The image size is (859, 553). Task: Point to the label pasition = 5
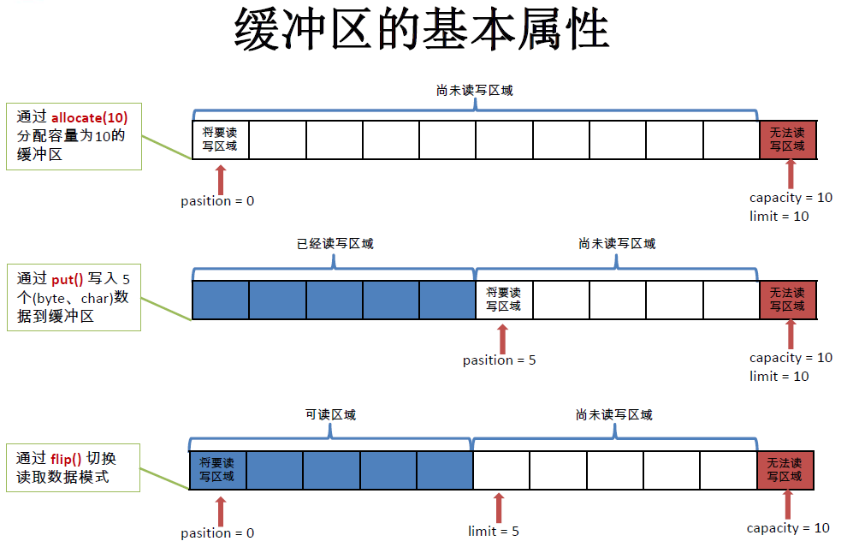(x=500, y=360)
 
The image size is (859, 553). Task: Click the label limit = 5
(x=494, y=532)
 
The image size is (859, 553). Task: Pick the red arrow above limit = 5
(x=500, y=508)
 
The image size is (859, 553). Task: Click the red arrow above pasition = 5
(x=502, y=337)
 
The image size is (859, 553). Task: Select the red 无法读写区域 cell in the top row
(x=787, y=140)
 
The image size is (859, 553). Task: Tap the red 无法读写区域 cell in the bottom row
(x=785, y=470)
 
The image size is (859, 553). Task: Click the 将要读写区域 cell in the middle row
(x=503, y=300)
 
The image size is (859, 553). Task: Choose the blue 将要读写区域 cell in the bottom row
(x=217, y=470)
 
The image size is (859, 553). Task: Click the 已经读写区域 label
(x=335, y=244)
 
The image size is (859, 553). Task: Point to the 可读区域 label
(x=330, y=415)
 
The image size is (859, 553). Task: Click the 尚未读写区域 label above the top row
(x=474, y=90)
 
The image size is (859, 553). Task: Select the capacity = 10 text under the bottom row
(x=788, y=528)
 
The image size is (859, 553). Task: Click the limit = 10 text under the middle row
(x=779, y=377)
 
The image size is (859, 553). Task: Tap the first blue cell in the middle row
(x=220, y=300)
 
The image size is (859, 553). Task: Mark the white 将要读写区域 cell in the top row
(x=220, y=140)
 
